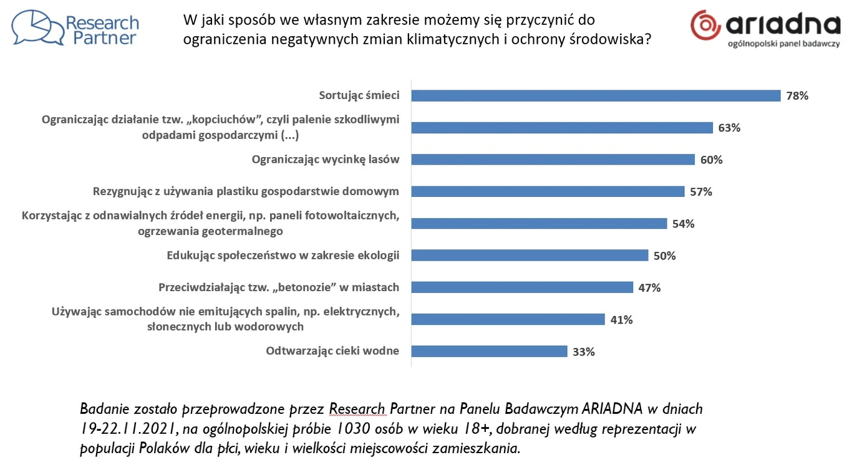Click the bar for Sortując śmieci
[x=596, y=95]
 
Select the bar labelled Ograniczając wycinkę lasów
[x=553, y=160]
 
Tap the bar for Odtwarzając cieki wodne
[x=489, y=351]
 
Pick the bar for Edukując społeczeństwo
[x=530, y=255]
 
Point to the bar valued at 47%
[x=522, y=287]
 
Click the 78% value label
[x=797, y=96]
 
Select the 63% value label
[x=729, y=128]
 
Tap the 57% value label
[x=701, y=192]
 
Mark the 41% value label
[x=621, y=320]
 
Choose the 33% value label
[x=584, y=352]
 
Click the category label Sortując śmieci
[x=359, y=95]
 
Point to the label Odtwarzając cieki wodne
[x=332, y=351]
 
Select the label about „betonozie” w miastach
[x=279, y=287]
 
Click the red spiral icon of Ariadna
[x=706, y=25]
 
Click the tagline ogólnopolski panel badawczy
[x=784, y=44]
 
